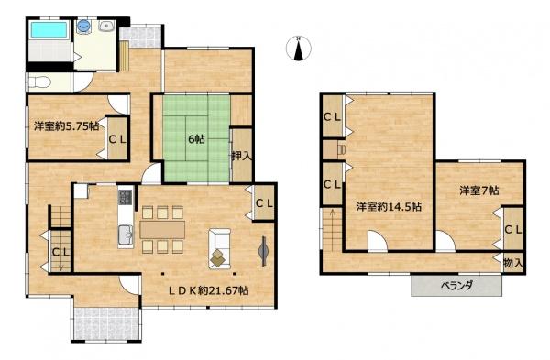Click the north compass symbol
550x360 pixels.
(298, 49)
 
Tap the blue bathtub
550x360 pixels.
(49, 29)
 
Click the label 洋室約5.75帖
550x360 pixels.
(66, 126)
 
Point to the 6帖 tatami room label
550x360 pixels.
(197, 139)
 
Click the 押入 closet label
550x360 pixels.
(242, 156)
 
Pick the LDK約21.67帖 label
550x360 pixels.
(209, 290)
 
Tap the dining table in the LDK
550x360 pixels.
(162, 230)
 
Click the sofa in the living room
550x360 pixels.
(220, 249)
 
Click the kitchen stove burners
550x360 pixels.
(126, 197)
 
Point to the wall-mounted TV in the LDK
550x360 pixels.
(263, 251)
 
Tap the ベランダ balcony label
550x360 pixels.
(456, 285)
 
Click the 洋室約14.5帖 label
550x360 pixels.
(389, 207)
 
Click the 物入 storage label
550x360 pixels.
(513, 263)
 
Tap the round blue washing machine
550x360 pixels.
(83, 26)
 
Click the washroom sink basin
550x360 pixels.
(106, 26)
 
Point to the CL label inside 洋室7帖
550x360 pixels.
(513, 230)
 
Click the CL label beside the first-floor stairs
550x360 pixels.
(61, 252)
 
